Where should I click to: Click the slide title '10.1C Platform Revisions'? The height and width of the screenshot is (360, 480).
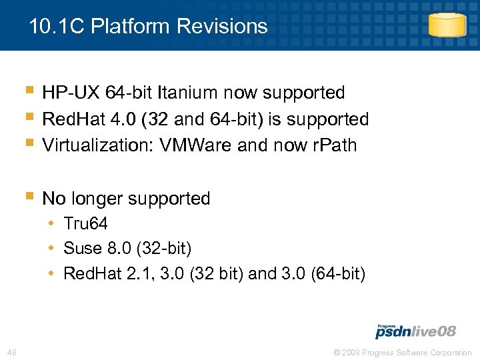[148, 27]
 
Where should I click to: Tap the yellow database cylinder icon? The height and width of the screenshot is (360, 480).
[447, 25]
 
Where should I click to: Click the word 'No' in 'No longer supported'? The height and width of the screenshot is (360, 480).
[53, 199]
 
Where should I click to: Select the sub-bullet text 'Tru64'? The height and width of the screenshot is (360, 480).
[85, 224]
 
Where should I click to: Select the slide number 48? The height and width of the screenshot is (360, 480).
[12, 352]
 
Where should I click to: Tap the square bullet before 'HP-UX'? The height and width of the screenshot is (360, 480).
[29, 91]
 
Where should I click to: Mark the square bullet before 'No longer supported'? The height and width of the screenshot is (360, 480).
[29, 197]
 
